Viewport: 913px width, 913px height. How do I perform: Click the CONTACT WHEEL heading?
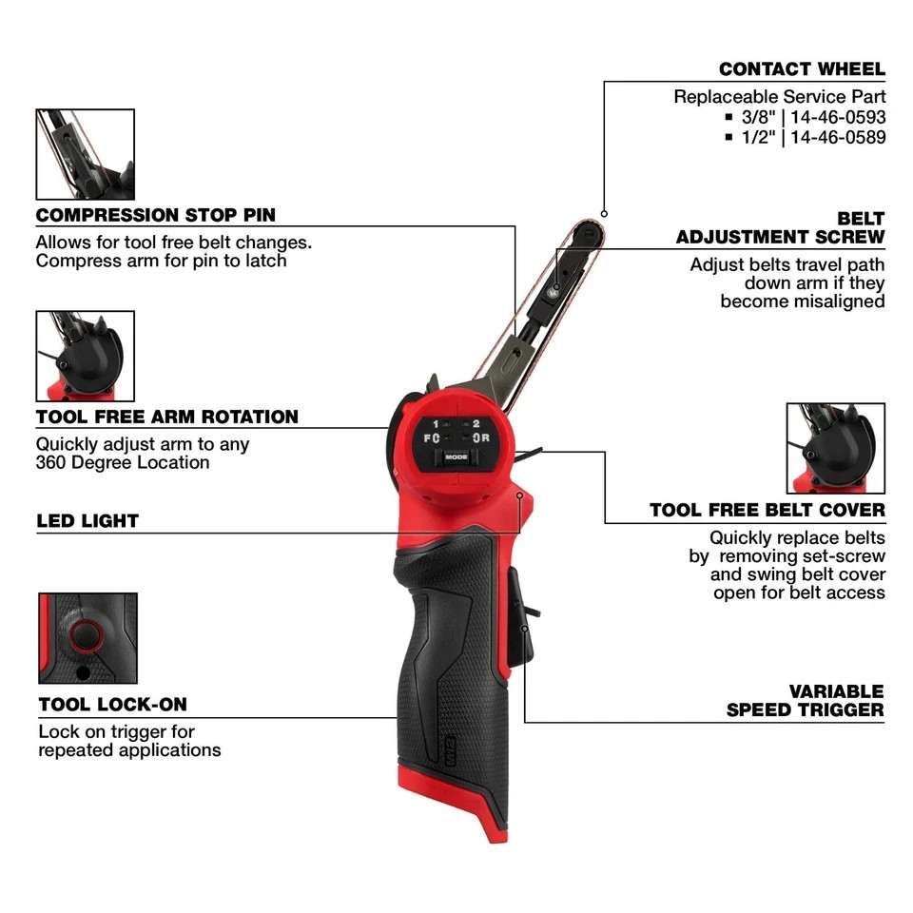pyautogui.click(x=801, y=68)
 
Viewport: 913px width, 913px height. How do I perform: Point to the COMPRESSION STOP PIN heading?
pyautogui.click(x=156, y=215)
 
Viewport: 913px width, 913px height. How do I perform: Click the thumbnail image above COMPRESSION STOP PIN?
pyautogui.click(x=85, y=154)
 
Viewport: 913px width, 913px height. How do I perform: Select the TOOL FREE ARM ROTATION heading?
pyautogui.click(x=167, y=417)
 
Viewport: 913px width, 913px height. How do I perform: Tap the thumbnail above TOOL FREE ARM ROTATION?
pyautogui.click(x=85, y=356)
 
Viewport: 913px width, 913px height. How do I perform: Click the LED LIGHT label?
pyautogui.click(x=87, y=520)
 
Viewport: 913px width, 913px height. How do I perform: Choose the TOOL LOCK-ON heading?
pyautogui.click(x=112, y=705)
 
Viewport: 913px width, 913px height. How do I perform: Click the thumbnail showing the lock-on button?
pyautogui.click(x=87, y=638)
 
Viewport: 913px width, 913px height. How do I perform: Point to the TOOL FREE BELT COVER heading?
pyautogui.click(x=767, y=511)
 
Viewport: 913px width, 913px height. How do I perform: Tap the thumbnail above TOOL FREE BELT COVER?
pyautogui.click(x=835, y=448)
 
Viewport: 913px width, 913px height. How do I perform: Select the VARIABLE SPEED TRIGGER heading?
pyautogui.click(x=805, y=700)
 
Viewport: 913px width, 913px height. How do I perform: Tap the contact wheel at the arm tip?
pyautogui.click(x=589, y=232)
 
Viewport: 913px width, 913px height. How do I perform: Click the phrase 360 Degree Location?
pyautogui.click(x=123, y=462)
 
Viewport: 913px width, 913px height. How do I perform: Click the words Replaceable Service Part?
pyautogui.click(x=779, y=96)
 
